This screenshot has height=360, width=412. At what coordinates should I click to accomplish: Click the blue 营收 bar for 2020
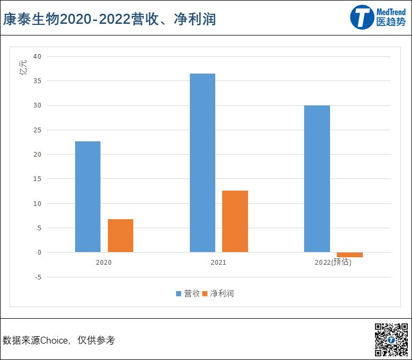(88, 196)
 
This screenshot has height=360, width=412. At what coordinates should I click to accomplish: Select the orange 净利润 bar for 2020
(121, 236)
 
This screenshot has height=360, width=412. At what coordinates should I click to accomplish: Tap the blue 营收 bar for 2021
(203, 163)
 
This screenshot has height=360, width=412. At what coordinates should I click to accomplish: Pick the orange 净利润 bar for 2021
(235, 221)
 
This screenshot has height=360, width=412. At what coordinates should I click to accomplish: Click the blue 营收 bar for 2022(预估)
(317, 178)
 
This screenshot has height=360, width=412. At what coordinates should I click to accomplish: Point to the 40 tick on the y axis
(37, 56)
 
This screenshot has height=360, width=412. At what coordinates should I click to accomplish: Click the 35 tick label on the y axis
(37, 81)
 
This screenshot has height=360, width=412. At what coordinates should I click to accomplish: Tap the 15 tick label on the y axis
(37, 179)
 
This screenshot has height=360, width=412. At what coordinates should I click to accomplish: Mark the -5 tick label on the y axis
(37, 277)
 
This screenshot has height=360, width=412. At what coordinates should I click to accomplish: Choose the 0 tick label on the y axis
(39, 253)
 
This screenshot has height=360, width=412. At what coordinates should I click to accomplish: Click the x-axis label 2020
(104, 262)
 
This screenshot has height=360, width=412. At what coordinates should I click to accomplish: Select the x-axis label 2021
(218, 262)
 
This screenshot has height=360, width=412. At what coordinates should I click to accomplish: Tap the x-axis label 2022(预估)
(333, 262)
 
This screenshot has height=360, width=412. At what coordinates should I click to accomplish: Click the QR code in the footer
(391, 339)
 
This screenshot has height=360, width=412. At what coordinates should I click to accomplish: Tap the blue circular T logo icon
(362, 17)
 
